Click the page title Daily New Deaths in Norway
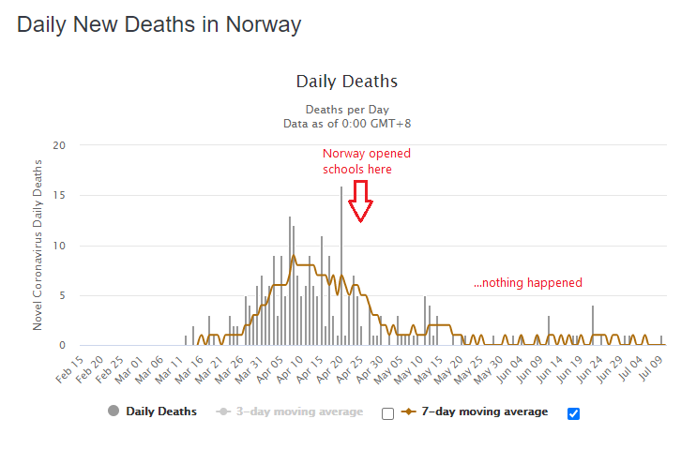click(159, 24)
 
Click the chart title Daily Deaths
click(346, 82)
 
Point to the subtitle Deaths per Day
click(346, 109)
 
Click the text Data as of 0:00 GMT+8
click(346, 123)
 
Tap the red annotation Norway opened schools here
click(367, 161)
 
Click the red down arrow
click(360, 201)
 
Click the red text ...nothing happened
click(527, 282)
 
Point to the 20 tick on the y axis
click(59, 145)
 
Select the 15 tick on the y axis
click(59, 195)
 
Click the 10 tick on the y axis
click(59, 246)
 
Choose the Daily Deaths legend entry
click(152, 412)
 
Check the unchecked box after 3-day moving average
click(387, 413)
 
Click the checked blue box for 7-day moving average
click(573, 413)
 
